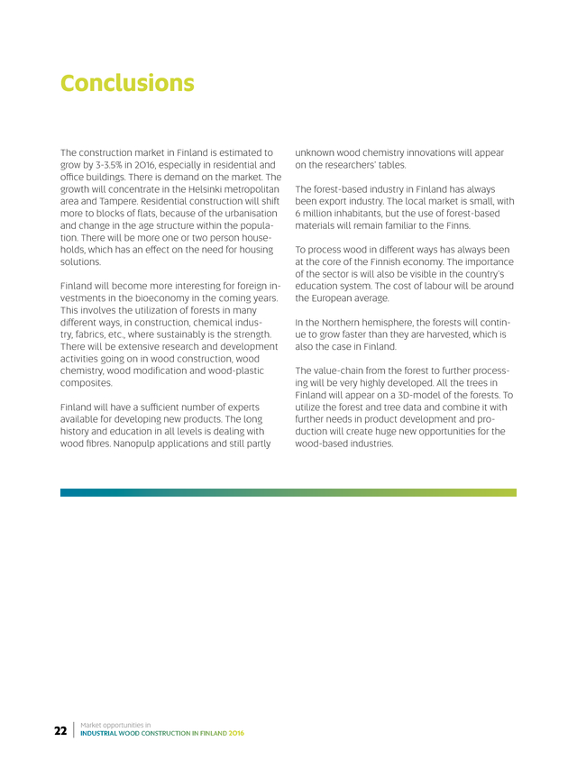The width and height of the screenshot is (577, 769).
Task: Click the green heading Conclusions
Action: pos(127,84)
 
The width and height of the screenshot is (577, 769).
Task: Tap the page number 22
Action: pos(60,730)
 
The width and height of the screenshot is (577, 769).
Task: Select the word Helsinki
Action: pos(192,190)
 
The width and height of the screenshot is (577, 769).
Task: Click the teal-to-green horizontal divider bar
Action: pos(288,493)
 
